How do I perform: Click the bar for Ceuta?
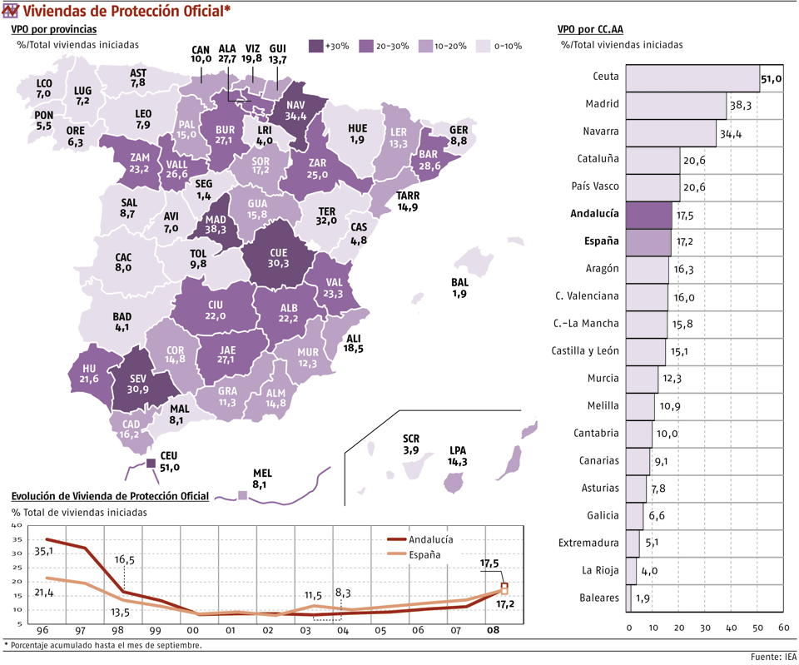coord(692,77)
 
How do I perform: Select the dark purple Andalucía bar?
coord(648,214)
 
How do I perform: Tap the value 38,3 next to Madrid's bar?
coord(741,106)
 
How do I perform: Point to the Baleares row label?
coord(599,598)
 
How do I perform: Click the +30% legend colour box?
coord(315,47)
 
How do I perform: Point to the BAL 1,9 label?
coord(460,288)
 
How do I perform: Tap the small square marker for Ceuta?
coord(151,463)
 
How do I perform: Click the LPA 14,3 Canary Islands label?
coord(457,456)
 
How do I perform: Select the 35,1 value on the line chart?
coord(44,550)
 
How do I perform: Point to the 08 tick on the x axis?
coord(494,630)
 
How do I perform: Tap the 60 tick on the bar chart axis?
coord(783,627)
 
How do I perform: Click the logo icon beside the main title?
coord(10,11)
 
